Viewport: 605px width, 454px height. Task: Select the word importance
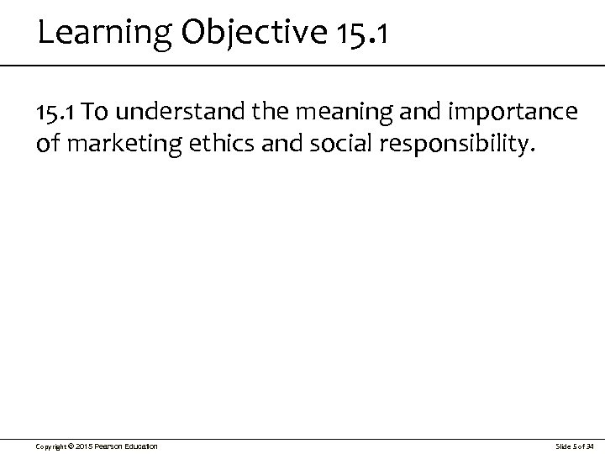[523, 113]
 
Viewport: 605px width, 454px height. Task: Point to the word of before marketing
[49, 146]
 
